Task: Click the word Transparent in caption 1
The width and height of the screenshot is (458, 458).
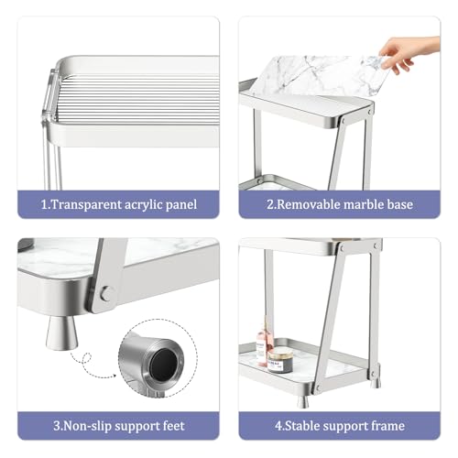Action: pyautogui.click(x=86, y=204)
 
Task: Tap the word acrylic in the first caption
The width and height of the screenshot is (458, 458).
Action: pyautogui.click(x=144, y=205)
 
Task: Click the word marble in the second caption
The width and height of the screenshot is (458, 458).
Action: pyautogui.click(x=364, y=204)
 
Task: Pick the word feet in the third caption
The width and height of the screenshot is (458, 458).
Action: pyautogui.click(x=173, y=426)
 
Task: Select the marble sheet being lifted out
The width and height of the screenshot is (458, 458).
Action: pyautogui.click(x=319, y=76)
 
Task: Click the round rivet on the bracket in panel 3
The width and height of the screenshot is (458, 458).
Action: pyautogui.click(x=107, y=294)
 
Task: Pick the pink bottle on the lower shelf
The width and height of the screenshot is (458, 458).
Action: pyautogui.click(x=263, y=343)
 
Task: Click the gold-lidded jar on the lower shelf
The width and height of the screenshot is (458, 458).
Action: pyautogui.click(x=280, y=360)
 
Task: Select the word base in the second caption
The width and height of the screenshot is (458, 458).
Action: pyautogui.click(x=399, y=204)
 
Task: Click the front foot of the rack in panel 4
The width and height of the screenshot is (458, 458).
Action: pyautogui.click(x=303, y=402)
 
